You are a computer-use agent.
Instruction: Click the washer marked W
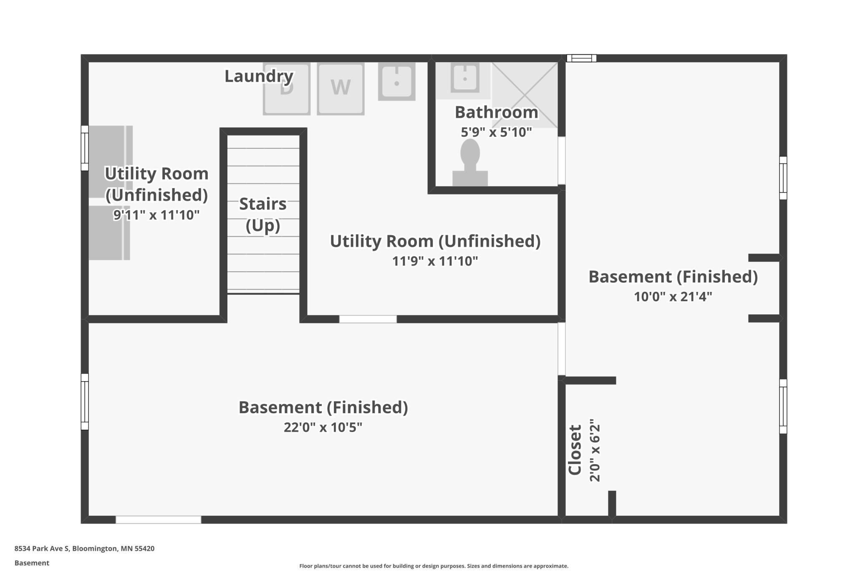coord(341,89)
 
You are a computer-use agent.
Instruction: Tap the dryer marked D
coord(287,89)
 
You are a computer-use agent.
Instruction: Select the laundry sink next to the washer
coord(396,81)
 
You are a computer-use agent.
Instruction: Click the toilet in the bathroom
coord(470,163)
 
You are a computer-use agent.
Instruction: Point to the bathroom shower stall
coord(525,95)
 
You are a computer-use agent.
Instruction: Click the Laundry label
coord(259,76)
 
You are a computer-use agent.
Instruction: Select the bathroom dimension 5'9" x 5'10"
coord(496,132)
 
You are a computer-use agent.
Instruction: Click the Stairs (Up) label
coord(263,215)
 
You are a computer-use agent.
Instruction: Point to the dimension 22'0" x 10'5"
coord(323,427)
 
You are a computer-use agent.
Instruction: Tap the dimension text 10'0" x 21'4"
coord(673,297)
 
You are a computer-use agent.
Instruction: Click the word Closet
coord(575,450)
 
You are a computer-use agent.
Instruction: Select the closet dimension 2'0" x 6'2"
coord(595,450)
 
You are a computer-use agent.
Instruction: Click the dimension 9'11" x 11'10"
coord(156,215)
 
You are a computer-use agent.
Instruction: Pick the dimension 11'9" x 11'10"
coord(435,261)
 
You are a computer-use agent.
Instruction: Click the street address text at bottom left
coord(84,548)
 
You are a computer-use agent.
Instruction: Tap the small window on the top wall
coord(581,58)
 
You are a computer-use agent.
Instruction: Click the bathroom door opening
coord(562,161)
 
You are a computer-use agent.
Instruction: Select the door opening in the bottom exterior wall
coord(158,520)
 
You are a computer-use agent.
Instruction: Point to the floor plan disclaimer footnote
coord(434,566)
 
